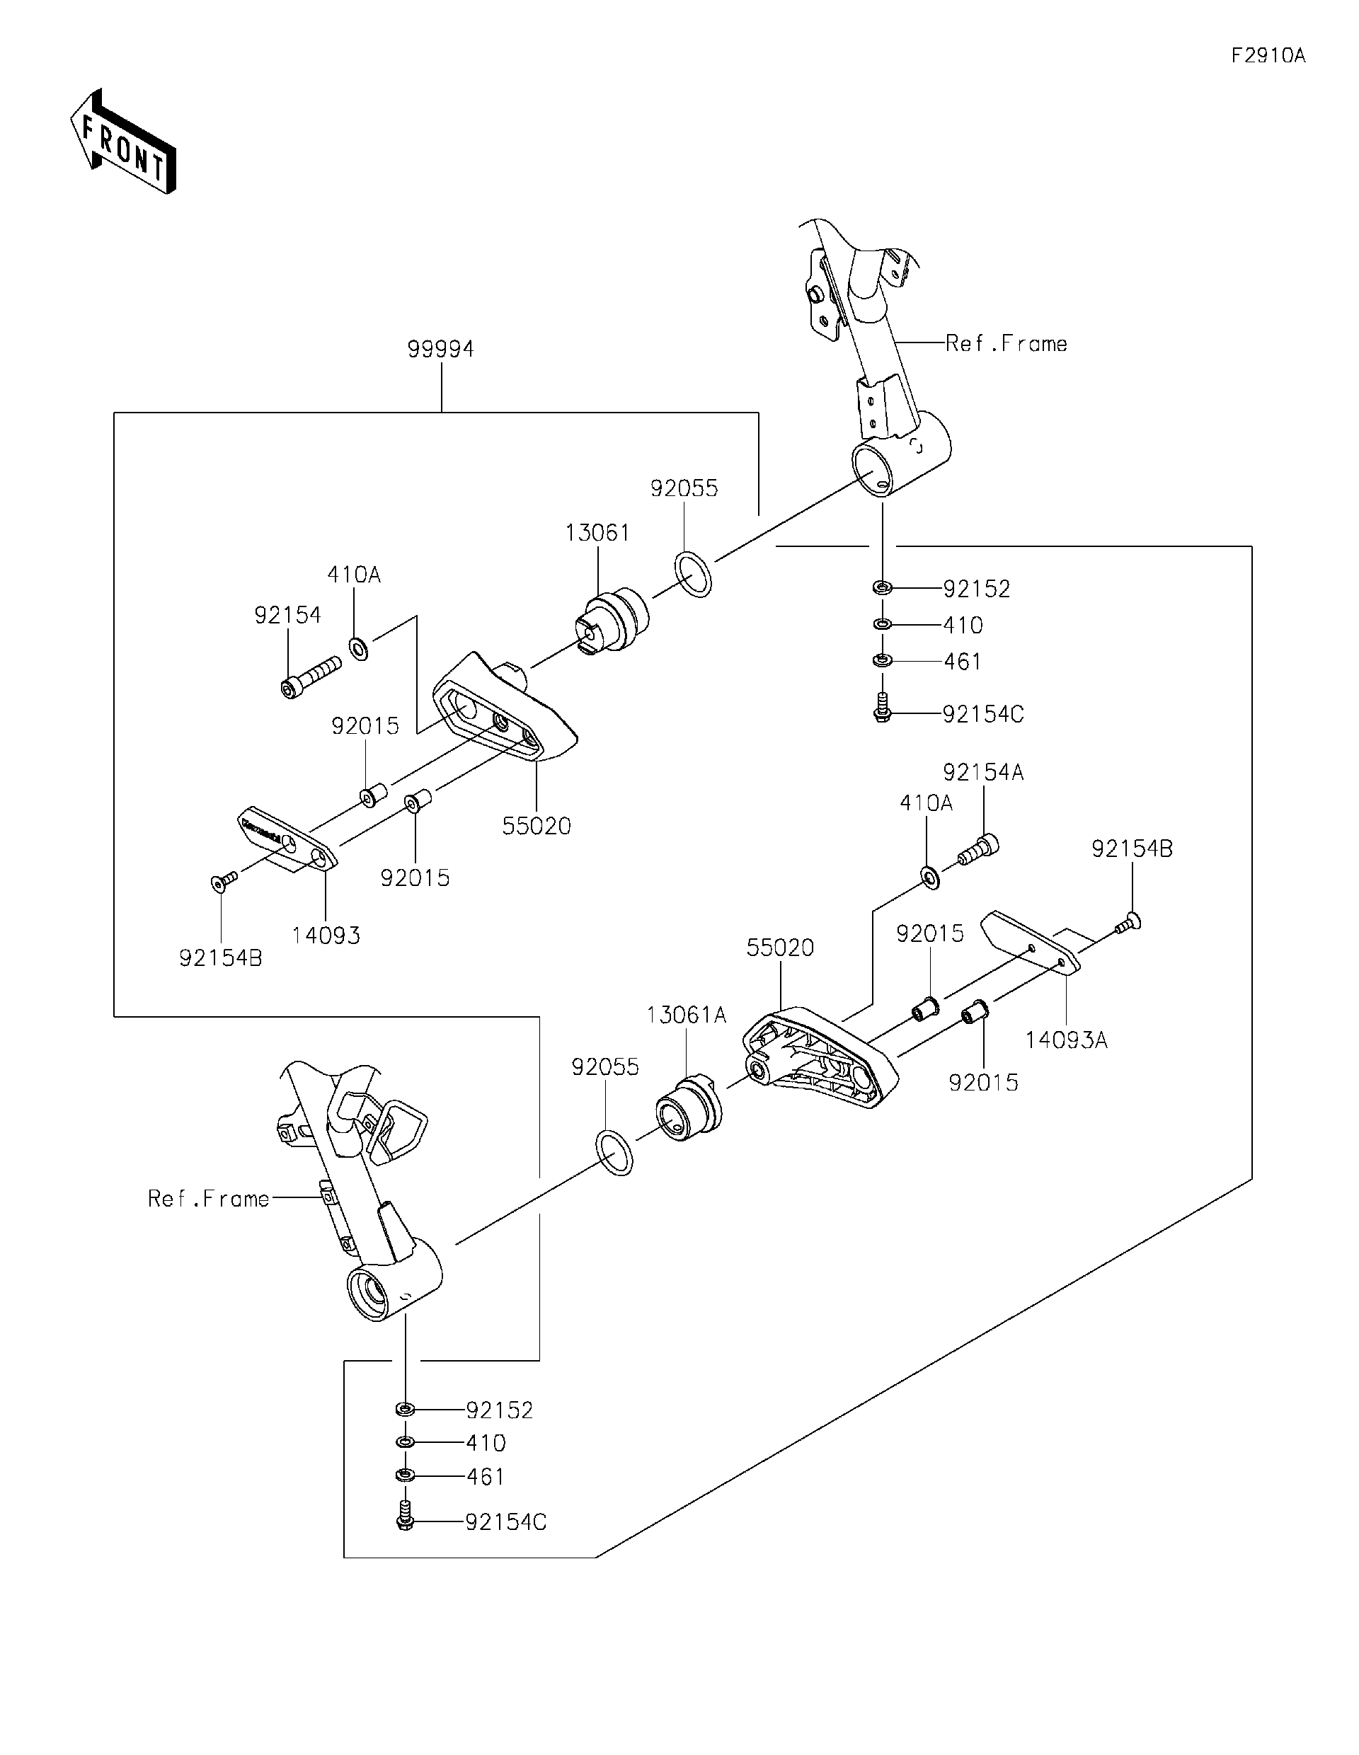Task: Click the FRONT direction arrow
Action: (122, 142)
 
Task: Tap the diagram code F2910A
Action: (1268, 55)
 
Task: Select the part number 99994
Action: (440, 349)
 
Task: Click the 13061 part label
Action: (597, 533)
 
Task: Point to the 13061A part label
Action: (687, 1015)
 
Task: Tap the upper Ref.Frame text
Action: (1007, 344)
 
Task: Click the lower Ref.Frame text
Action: (209, 1199)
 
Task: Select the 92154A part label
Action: (983, 772)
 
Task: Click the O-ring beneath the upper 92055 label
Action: (693, 575)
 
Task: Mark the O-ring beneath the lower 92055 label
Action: (614, 1151)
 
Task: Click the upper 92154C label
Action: (983, 713)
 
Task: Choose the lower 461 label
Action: (486, 1476)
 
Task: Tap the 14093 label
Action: (326, 935)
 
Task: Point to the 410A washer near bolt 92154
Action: (358, 647)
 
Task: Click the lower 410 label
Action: (486, 1442)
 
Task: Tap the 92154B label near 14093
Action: (220, 958)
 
